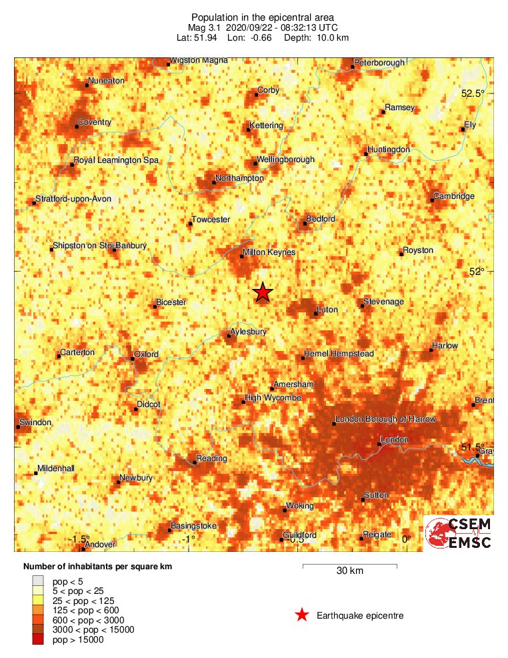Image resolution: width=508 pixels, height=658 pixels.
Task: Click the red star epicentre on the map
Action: pos(263,292)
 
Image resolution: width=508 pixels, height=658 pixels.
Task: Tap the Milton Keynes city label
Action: pos(269,253)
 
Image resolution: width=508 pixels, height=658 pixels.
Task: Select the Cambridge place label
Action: pos(453,196)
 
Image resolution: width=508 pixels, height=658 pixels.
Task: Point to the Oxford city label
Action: pos(146,354)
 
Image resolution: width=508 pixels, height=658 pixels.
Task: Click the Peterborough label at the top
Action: pos(379,63)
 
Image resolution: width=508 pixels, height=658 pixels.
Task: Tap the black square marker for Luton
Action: pos(316,313)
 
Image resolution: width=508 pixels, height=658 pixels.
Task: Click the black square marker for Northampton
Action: pos(214,182)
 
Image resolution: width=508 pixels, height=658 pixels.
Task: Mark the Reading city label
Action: pos(211,458)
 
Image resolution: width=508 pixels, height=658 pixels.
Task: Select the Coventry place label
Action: pos(95,122)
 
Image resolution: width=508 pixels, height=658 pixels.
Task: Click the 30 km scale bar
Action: pos(350,566)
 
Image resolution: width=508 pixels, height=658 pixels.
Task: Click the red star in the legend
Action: pos(302,615)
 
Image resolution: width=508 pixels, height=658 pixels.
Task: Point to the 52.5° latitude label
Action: pos(473,94)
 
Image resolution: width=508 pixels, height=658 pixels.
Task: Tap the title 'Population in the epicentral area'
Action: pos(253,17)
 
